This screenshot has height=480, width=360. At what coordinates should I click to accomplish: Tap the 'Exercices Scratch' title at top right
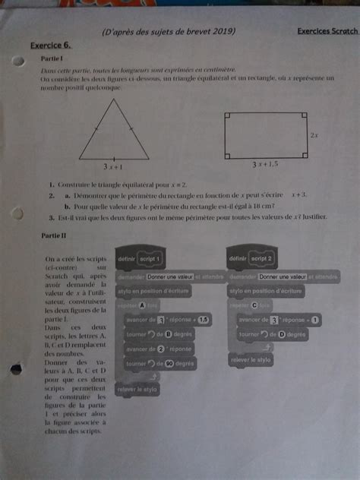[327, 32]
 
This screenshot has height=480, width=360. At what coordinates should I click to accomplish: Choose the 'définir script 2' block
[254, 259]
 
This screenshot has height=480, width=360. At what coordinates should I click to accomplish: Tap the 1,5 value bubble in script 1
[202, 320]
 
